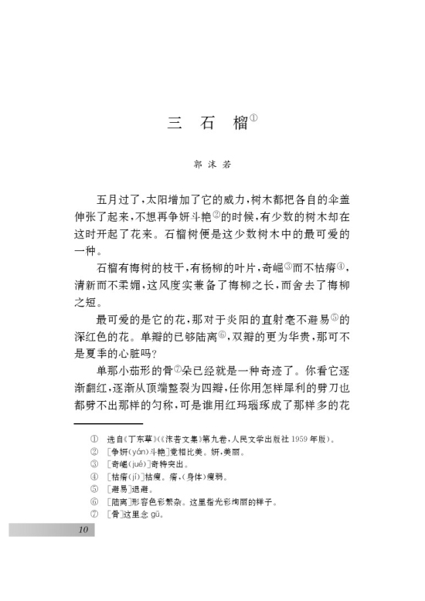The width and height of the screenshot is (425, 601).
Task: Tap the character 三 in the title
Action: (x=175, y=124)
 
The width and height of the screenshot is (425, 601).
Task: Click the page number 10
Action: (x=83, y=529)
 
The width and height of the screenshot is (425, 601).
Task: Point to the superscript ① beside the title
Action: (x=253, y=118)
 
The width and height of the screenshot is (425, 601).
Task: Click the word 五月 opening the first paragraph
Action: (x=106, y=198)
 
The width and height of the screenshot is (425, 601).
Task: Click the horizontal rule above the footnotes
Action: (x=108, y=423)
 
